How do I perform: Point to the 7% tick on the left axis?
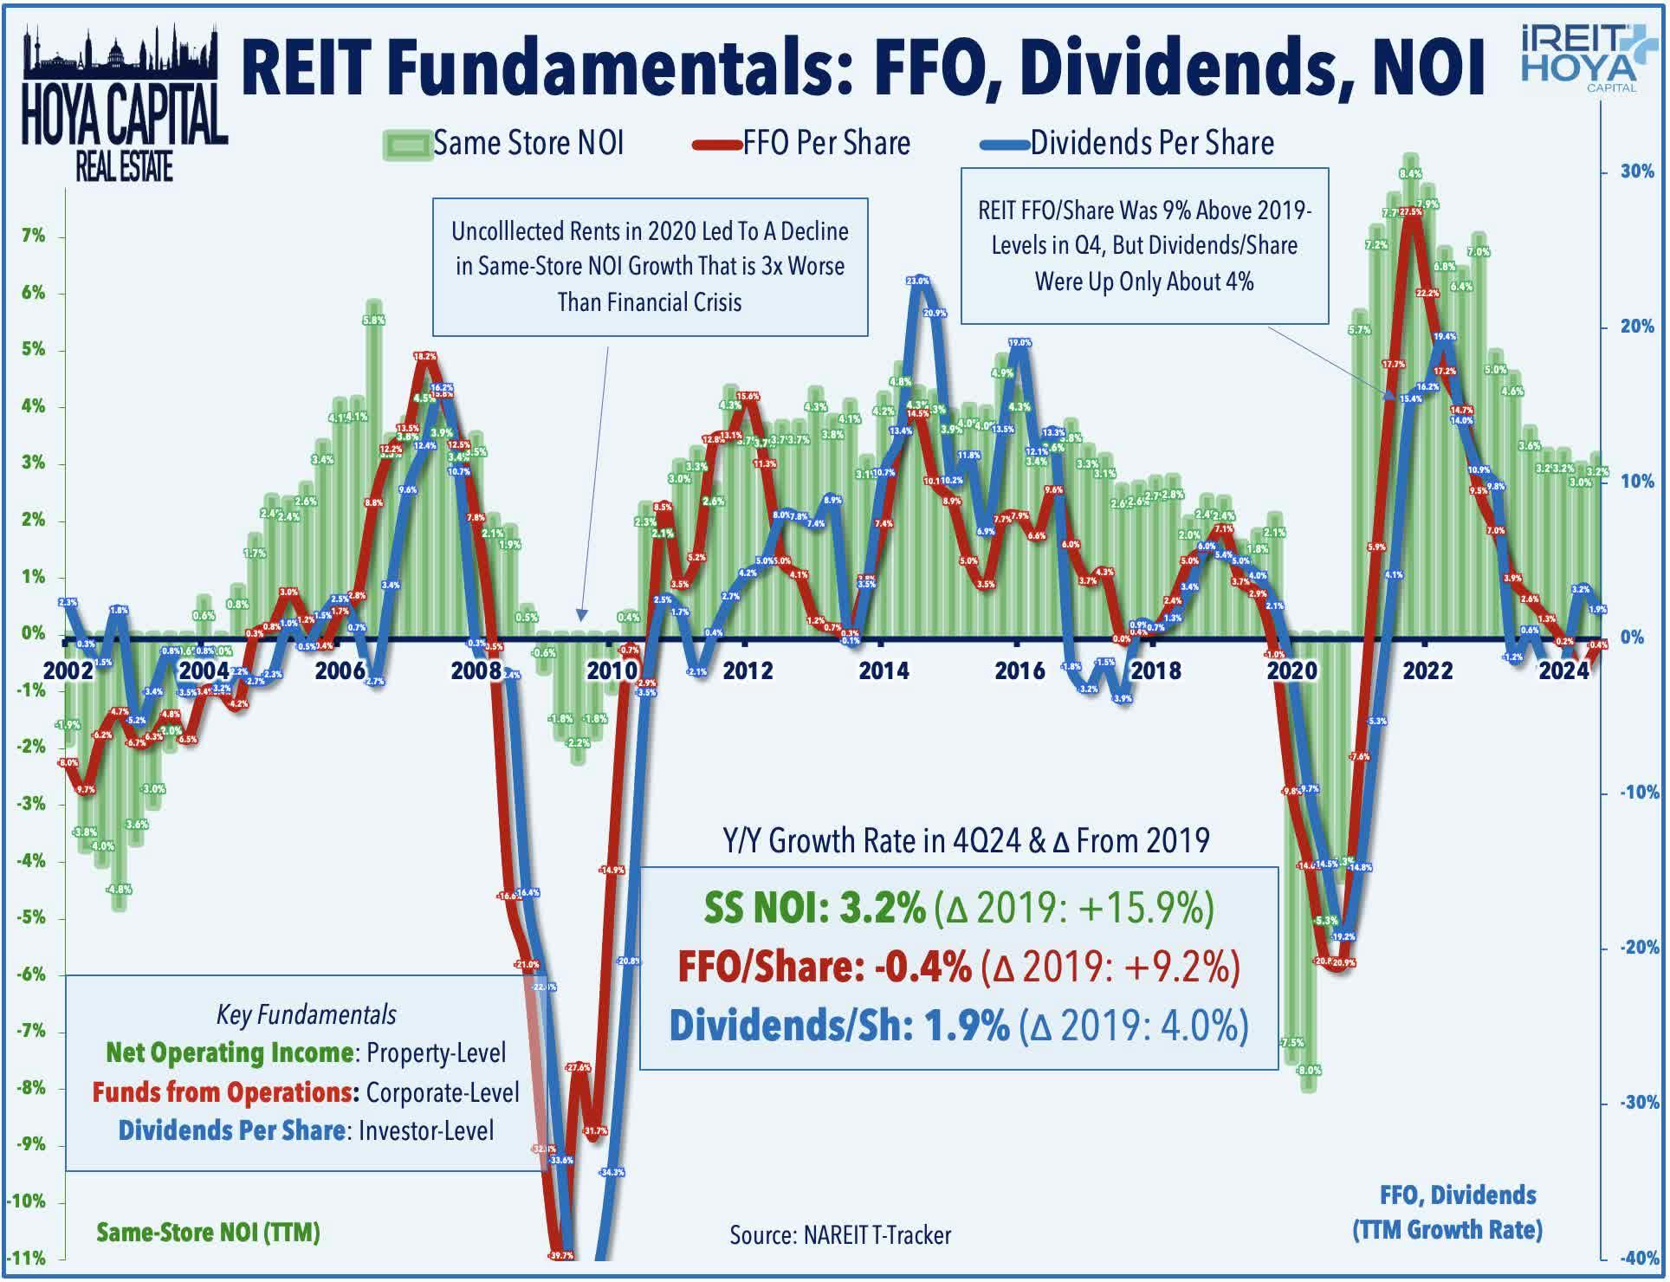[33, 236]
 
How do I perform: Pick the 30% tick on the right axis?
[1637, 172]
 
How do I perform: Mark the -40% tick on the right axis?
[1637, 1258]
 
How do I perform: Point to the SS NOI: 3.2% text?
[814, 907]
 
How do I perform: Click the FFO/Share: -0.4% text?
[824, 967]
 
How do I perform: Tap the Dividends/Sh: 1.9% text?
[838, 1026]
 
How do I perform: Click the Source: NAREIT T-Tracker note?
[839, 1235]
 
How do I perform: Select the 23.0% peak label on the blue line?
[917, 282]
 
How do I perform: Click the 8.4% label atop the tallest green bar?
[1410, 173]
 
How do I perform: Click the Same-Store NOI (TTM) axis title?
[208, 1232]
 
